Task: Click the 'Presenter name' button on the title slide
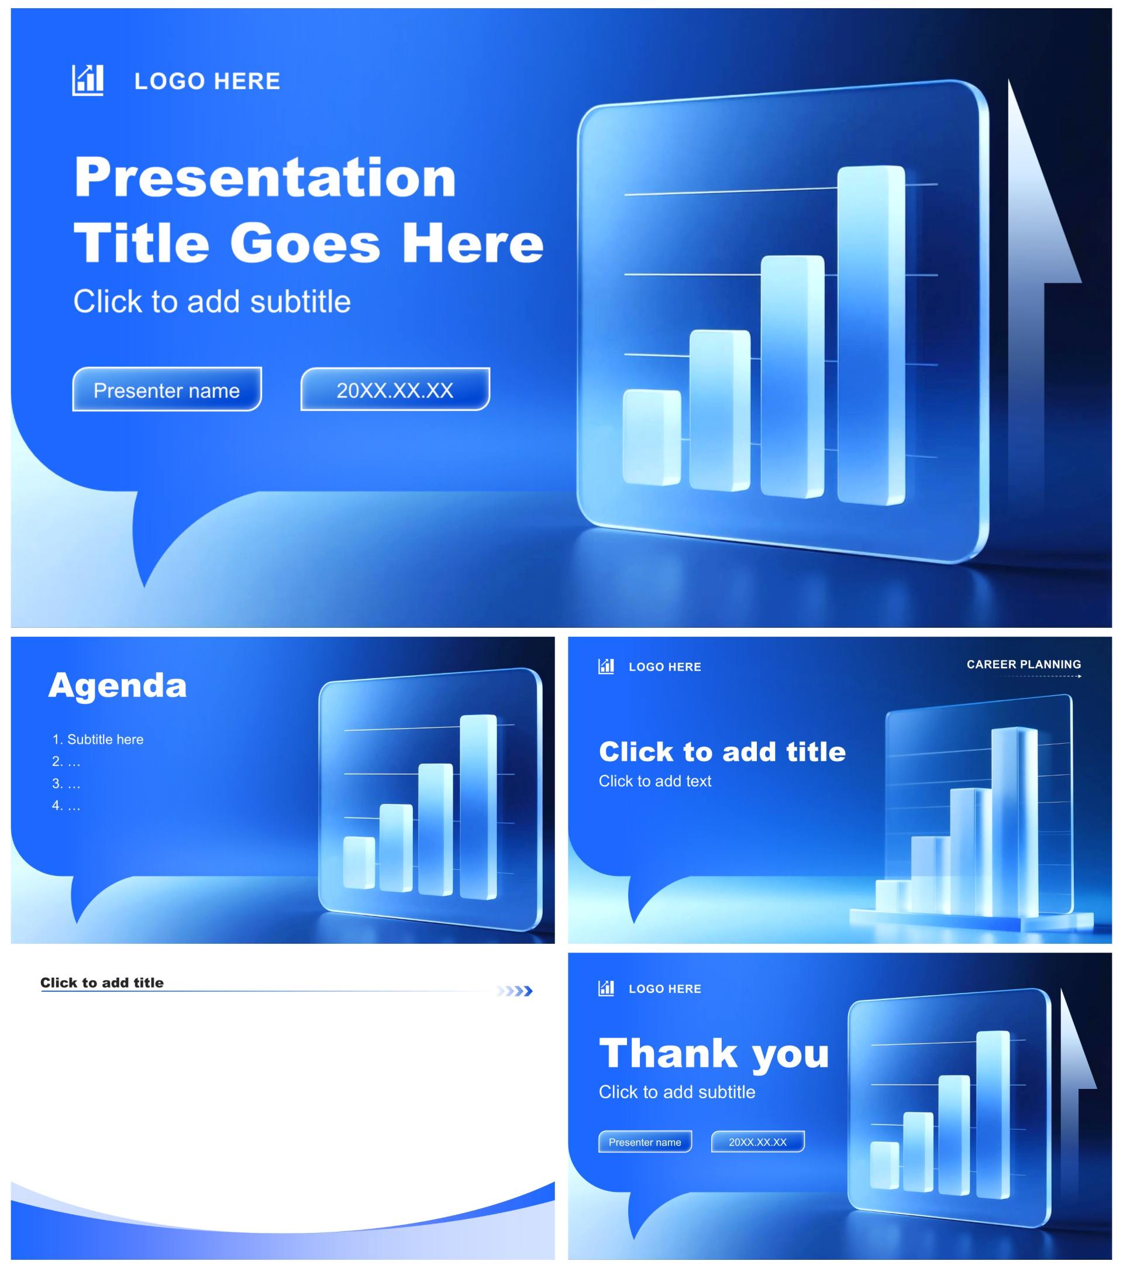pyautogui.click(x=167, y=389)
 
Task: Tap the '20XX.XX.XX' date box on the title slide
pyautogui.click(x=395, y=389)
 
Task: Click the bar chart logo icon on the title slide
pyautogui.click(x=87, y=80)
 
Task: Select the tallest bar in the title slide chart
pyautogui.click(x=871, y=335)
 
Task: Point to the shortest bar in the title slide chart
pyautogui.click(x=651, y=437)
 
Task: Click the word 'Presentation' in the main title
pyautogui.click(x=266, y=177)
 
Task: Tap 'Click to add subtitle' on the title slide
pyautogui.click(x=212, y=301)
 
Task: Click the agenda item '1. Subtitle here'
pyautogui.click(x=98, y=739)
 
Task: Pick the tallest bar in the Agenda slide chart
pyautogui.click(x=478, y=806)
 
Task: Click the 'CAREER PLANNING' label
pyautogui.click(x=1024, y=664)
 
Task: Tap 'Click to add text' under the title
pyautogui.click(x=655, y=781)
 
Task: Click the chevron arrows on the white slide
pyautogui.click(x=514, y=991)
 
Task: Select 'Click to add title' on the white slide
pyautogui.click(x=102, y=982)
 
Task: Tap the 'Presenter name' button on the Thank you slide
pyautogui.click(x=645, y=1142)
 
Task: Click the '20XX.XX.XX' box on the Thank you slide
pyautogui.click(x=758, y=1142)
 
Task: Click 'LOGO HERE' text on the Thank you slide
pyautogui.click(x=665, y=989)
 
